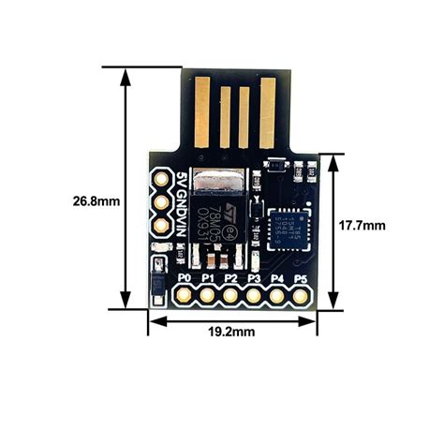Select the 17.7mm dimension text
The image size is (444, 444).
coord(363,226)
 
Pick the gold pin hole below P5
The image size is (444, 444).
coord(301,295)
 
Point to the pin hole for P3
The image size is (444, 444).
coord(254,295)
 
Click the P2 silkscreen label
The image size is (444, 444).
coord(230,278)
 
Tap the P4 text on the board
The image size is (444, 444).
coord(277,278)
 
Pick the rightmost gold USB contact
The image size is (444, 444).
coord(268,110)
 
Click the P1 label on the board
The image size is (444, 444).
coord(207,278)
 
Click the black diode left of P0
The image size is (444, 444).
coord(158,278)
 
